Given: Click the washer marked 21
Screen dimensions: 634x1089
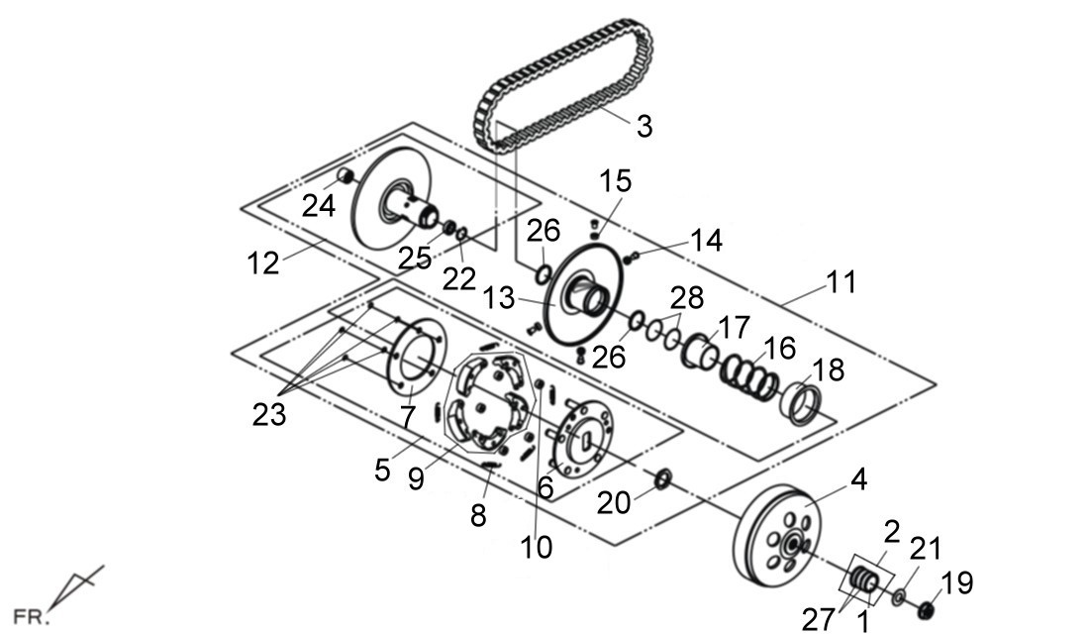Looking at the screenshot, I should point(898,598).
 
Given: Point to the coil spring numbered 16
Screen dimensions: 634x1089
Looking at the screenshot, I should point(749,377).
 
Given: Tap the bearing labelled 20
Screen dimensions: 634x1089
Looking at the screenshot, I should point(662,479).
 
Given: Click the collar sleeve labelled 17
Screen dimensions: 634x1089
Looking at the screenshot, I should point(701,352).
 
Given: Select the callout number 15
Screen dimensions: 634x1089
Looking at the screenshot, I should point(614,182).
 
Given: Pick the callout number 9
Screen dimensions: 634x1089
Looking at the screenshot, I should point(415,477).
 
